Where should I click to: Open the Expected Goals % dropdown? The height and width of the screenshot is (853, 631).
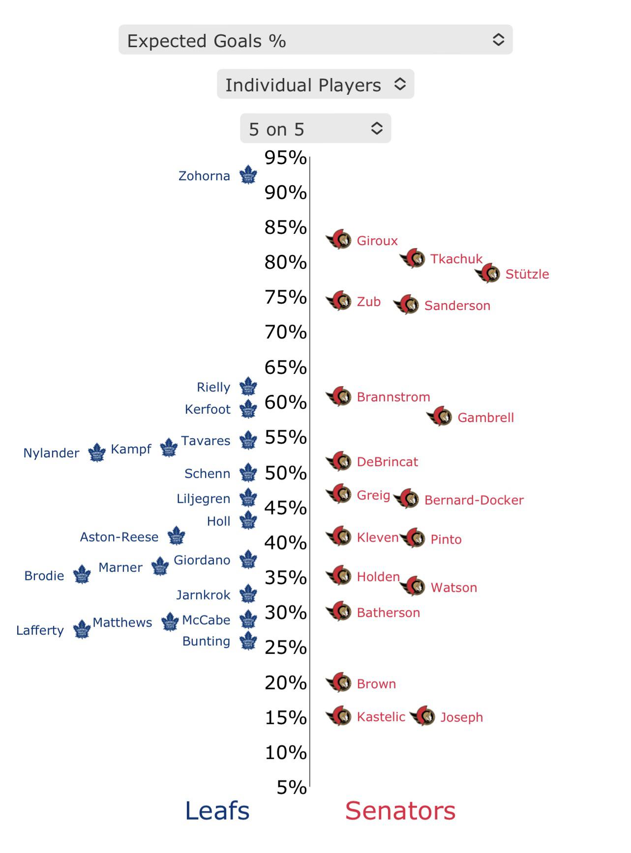click(315, 40)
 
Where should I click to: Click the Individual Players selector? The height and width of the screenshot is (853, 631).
click(315, 84)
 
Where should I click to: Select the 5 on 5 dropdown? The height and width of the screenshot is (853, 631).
click(315, 129)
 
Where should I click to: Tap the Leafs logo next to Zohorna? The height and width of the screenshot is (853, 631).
click(248, 175)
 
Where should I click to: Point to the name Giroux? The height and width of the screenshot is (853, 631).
click(377, 241)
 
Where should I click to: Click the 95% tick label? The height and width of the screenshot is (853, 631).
click(285, 158)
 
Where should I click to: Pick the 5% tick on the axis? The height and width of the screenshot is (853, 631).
click(292, 787)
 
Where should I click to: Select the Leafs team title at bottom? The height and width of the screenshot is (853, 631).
click(217, 811)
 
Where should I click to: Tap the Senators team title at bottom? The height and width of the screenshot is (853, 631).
click(400, 811)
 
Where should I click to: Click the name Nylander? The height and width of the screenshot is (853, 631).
click(51, 453)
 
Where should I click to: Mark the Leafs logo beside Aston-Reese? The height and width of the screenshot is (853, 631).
click(176, 536)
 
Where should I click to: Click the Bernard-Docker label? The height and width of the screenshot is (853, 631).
click(474, 500)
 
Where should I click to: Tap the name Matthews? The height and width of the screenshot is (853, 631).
click(122, 623)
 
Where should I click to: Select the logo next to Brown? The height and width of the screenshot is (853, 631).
click(339, 682)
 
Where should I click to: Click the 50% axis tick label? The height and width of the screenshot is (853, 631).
click(285, 473)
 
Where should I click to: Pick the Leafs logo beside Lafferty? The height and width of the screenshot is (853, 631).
click(82, 629)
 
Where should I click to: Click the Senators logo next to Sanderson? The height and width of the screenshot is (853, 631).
click(407, 305)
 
